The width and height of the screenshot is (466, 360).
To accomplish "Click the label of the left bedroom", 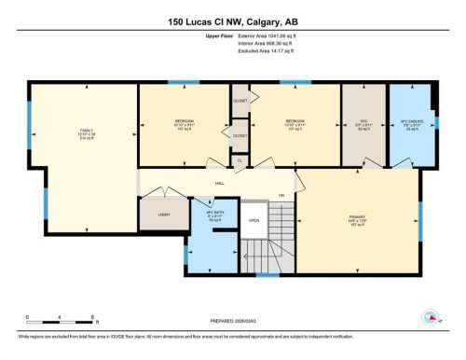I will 184,123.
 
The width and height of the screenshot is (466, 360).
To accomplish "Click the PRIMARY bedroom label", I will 358,221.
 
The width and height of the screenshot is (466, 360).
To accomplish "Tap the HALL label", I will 220,184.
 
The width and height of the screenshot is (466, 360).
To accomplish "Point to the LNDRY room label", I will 163,214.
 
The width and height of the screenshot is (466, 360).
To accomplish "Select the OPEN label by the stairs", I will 254,221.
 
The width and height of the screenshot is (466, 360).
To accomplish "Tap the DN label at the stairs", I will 281,195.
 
